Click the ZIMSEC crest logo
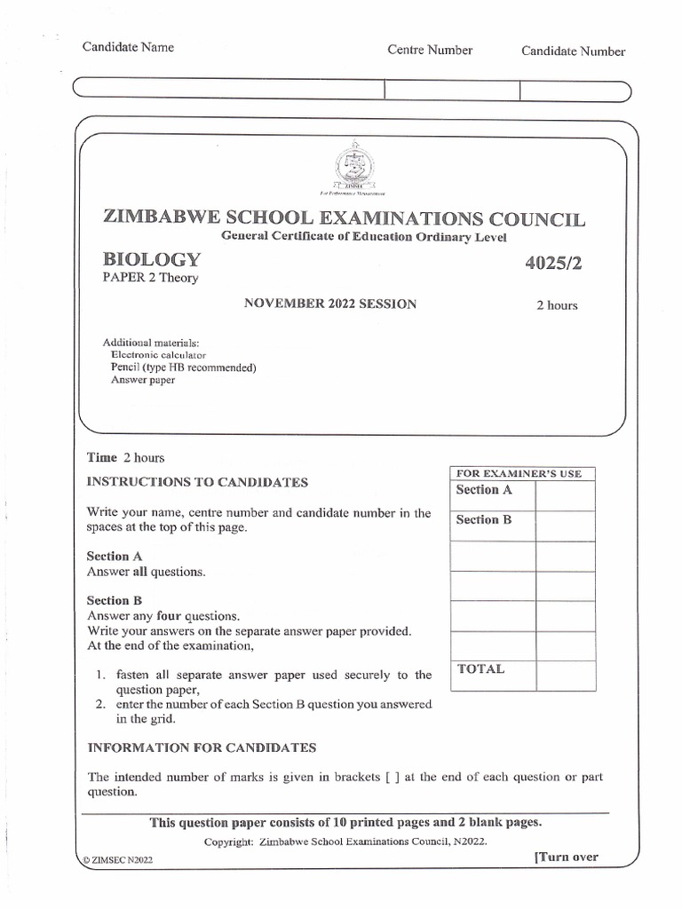(353, 166)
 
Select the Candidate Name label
(128, 47)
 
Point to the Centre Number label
(430, 51)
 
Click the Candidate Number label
(573, 51)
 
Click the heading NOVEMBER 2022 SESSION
(329, 304)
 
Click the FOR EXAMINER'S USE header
(519, 474)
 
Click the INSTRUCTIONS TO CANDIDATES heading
(197, 482)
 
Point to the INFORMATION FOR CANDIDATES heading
(202, 748)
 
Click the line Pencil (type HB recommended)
(183, 368)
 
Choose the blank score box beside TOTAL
(565, 675)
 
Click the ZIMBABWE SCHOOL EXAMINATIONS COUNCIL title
(345, 218)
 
